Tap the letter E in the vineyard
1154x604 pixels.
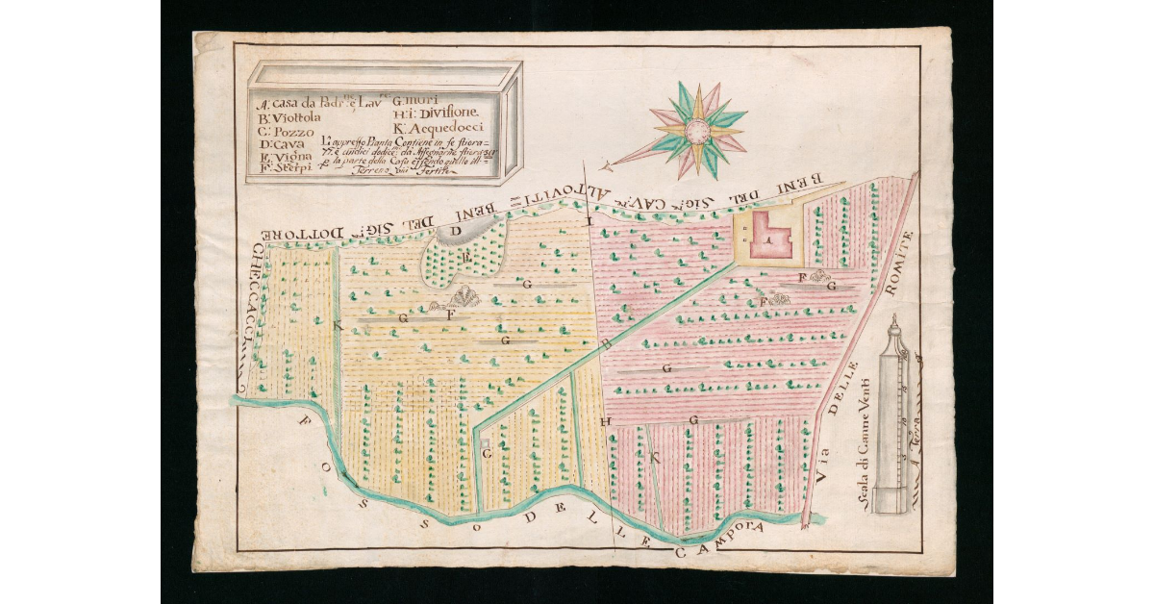tap(466, 257)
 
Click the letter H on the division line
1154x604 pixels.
tap(606, 421)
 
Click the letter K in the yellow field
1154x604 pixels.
tap(337, 326)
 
